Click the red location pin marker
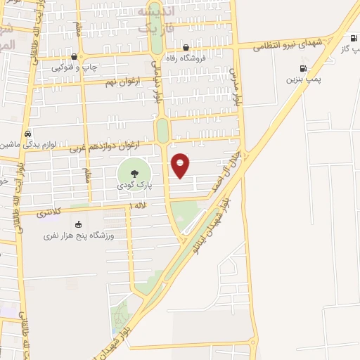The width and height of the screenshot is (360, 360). (181, 165)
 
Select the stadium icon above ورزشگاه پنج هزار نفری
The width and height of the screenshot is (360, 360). (78, 224)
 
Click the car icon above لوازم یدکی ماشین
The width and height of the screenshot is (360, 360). (27, 133)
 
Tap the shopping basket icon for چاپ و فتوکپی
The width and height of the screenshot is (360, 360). (74, 56)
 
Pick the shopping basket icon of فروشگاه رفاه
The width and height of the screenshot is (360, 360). (186, 48)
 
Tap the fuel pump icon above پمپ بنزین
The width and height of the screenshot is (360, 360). (303, 68)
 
